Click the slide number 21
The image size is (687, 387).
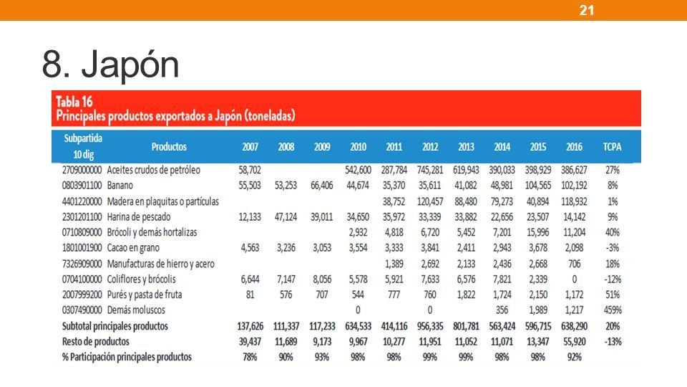point(587,10)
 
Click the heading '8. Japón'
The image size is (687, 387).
point(110,64)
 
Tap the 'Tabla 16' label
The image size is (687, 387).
point(74,102)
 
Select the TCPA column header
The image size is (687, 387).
point(612,146)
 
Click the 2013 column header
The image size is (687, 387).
point(466,146)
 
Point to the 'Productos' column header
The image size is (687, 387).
point(169,146)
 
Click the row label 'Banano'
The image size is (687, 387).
point(120,186)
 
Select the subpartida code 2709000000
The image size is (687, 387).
point(82,170)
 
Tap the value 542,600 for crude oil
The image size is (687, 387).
point(358,170)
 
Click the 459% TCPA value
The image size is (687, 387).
point(613,310)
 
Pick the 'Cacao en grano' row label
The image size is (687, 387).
point(133,248)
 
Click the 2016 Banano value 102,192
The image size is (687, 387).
point(574,186)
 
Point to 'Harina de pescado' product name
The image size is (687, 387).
point(139,216)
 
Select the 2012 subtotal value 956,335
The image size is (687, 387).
point(430,326)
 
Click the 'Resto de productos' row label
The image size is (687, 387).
point(95,341)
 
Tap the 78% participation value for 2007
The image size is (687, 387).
point(250,357)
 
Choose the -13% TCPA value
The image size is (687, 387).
point(613,341)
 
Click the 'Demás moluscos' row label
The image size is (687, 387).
point(136,310)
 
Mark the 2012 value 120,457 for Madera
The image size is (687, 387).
point(430,201)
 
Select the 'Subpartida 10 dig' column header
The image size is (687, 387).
point(83,146)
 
